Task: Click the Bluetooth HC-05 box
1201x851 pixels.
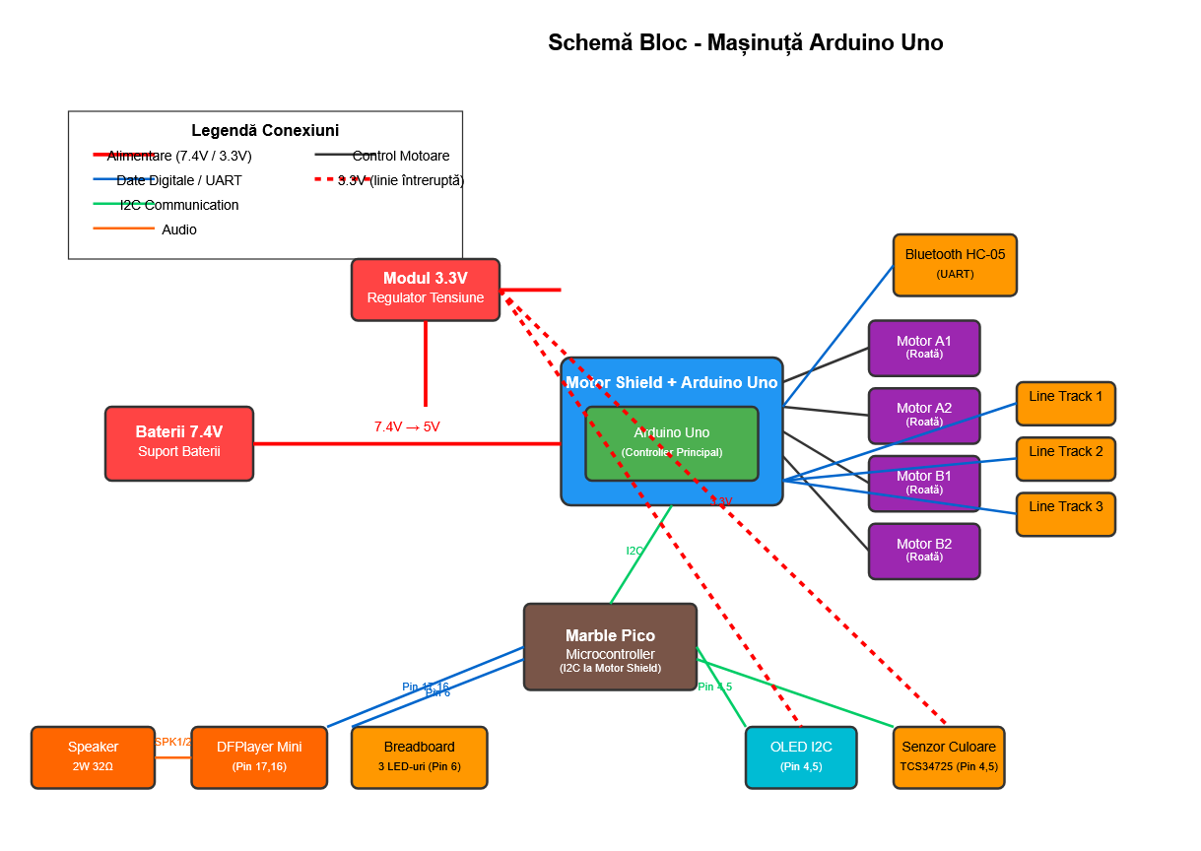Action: pos(955,265)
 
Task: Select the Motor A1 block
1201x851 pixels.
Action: pos(923,348)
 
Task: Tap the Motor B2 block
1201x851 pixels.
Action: pos(923,551)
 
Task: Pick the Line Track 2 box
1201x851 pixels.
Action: pos(1065,458)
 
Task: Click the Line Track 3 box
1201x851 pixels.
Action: pos(1065,513)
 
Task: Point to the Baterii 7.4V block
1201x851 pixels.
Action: pos(179,443)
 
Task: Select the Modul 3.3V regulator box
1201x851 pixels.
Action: pos(425,290)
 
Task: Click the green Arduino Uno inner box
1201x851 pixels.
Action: pos(671,443)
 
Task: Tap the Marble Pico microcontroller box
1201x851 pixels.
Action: pos(610,646)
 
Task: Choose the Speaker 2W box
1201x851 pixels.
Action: pos(93,756)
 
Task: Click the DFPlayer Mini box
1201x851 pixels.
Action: pos(259,756)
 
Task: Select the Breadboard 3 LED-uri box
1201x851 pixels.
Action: pos(419,756)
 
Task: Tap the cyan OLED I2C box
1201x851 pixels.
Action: pos(801,756)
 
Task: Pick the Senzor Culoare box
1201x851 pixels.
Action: pos(949,756)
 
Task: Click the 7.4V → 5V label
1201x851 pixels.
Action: pos(407,426)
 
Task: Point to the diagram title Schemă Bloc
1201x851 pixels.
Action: pos(745,42)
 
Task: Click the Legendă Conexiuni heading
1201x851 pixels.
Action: pos(265,130)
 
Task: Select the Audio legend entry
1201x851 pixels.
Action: pos(178,229)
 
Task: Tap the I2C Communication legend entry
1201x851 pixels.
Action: pos(178,205)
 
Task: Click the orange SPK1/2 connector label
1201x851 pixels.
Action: pos(172,742)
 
